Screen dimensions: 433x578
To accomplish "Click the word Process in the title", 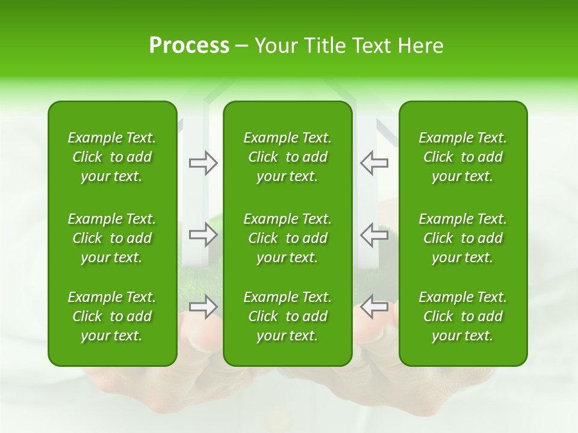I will (x=189, y=46).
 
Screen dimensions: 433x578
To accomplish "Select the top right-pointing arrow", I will (x=203, y=162).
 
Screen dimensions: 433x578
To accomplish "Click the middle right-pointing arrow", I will (x=203, y=235).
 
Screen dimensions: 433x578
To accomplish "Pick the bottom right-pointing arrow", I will (x=203, y=307).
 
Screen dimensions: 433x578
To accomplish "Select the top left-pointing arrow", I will (x=374, y=162).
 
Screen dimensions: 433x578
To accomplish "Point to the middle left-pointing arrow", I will (x=374, y=235).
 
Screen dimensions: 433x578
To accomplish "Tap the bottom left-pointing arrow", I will (x=374, y=307).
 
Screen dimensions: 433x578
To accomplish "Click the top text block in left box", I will (x=112, y=157).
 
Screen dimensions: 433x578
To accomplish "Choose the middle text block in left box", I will (x=112, y=238).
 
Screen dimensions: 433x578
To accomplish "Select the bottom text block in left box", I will (x=112, y=316).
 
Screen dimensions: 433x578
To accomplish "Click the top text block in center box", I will (x=287, y=157).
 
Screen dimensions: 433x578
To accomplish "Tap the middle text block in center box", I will (x=287, y=238).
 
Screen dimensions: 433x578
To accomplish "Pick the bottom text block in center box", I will (x=287, y=316).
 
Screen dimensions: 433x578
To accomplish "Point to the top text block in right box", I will (x=462, y=157).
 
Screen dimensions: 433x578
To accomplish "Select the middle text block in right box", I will (x=462, y=238).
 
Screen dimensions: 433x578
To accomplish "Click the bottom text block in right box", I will (x=462, y=316).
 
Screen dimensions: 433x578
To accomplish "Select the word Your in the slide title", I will (x=275, y=46).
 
